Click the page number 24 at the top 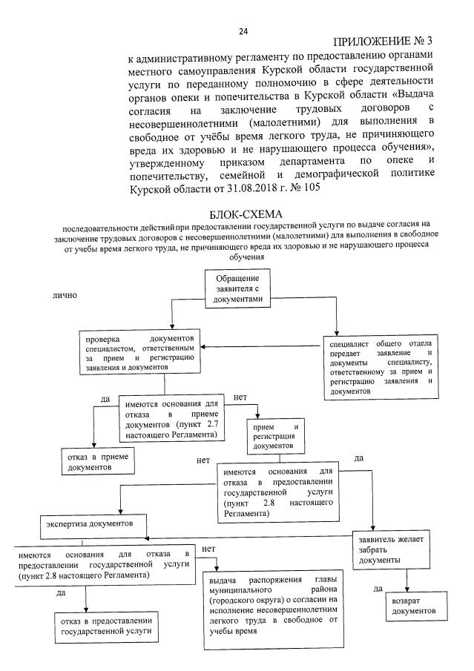pyautogui.click(x=243, y=30)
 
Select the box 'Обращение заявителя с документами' pyautogui.click(x=234, y=284)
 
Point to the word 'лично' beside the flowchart pyautogui.click(x=64, y=294)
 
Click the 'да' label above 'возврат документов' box pyautogui.click(x=378, y=589)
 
